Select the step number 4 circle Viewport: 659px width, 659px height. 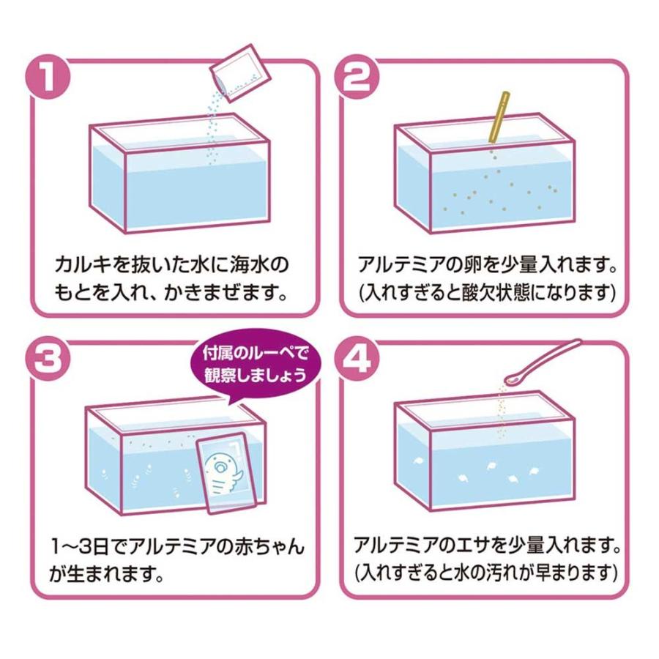pyautogui.click(x=357, y=359)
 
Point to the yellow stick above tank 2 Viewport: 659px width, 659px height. pyautogui.click(x=500, y=117)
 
